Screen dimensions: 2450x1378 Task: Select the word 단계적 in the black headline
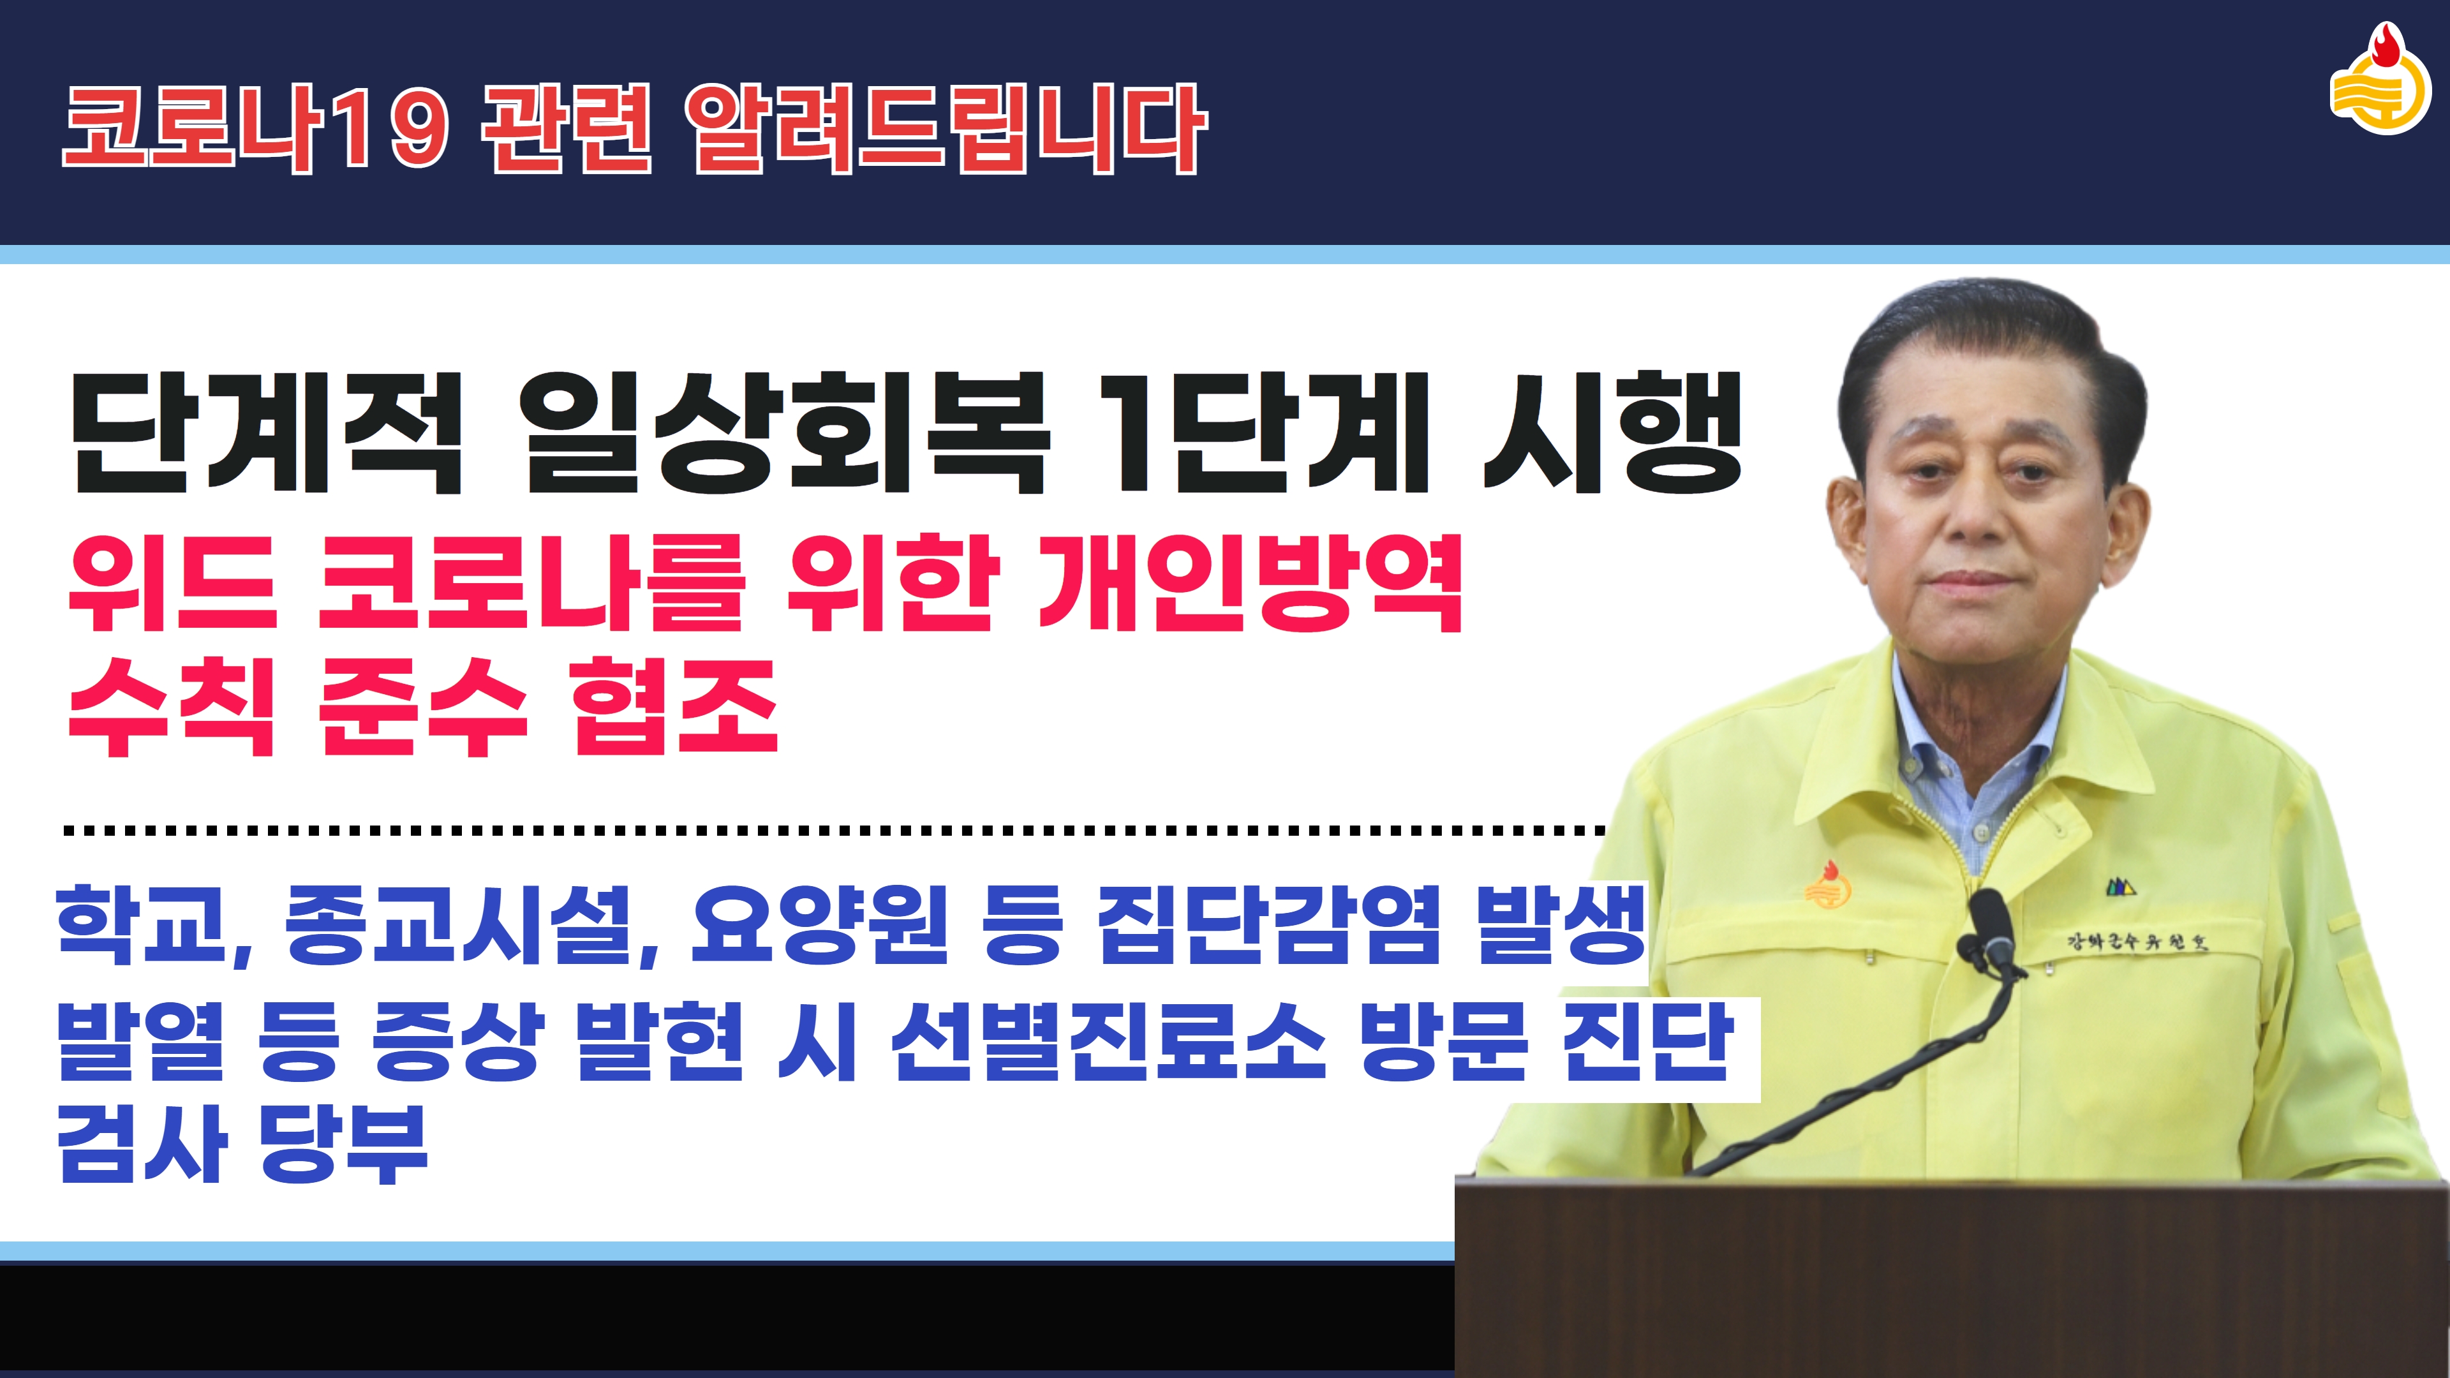[x=266, y=433]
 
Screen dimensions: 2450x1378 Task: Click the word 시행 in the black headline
[x=1612, y=433]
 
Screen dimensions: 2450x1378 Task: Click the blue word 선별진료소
[x=1108, y=1041]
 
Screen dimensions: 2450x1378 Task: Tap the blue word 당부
[x=343, y=1143]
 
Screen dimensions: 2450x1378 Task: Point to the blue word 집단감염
[x=1269, y=922]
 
